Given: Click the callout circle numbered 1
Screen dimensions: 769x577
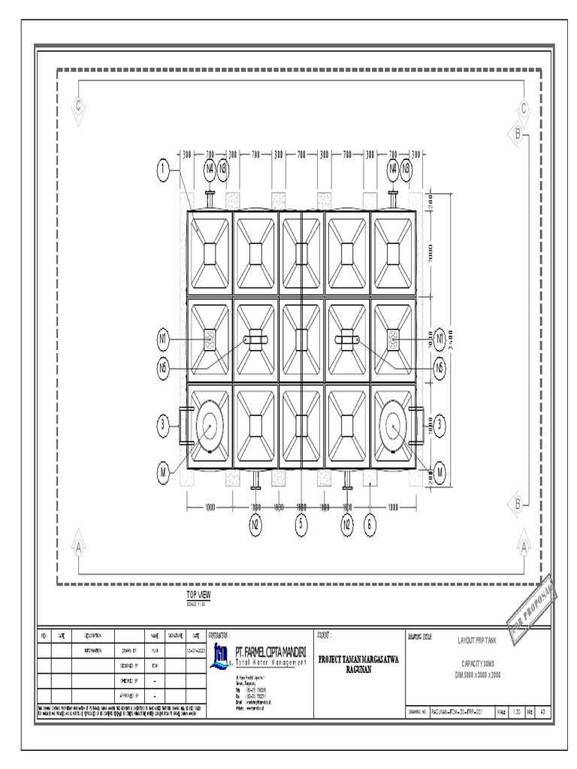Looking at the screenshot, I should click(162, 171).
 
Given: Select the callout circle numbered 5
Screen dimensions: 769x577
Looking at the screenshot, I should click(301, 525).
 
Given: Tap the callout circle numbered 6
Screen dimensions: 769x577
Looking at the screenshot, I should click(370, 525).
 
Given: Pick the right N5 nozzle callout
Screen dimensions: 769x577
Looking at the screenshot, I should click(440, 366).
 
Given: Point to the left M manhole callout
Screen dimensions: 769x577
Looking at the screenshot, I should click(162, 472).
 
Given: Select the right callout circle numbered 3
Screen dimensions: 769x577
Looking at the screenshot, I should click(440, 426).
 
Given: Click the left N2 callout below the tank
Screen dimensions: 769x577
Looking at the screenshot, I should click(255, 525).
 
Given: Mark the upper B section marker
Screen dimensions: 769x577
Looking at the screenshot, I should click(518, 134).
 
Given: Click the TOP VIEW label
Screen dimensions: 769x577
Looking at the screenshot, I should click(198, 595).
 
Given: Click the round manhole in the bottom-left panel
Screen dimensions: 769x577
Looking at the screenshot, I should click(209, 429).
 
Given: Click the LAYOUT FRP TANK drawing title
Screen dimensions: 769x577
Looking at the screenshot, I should click(477, 641).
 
